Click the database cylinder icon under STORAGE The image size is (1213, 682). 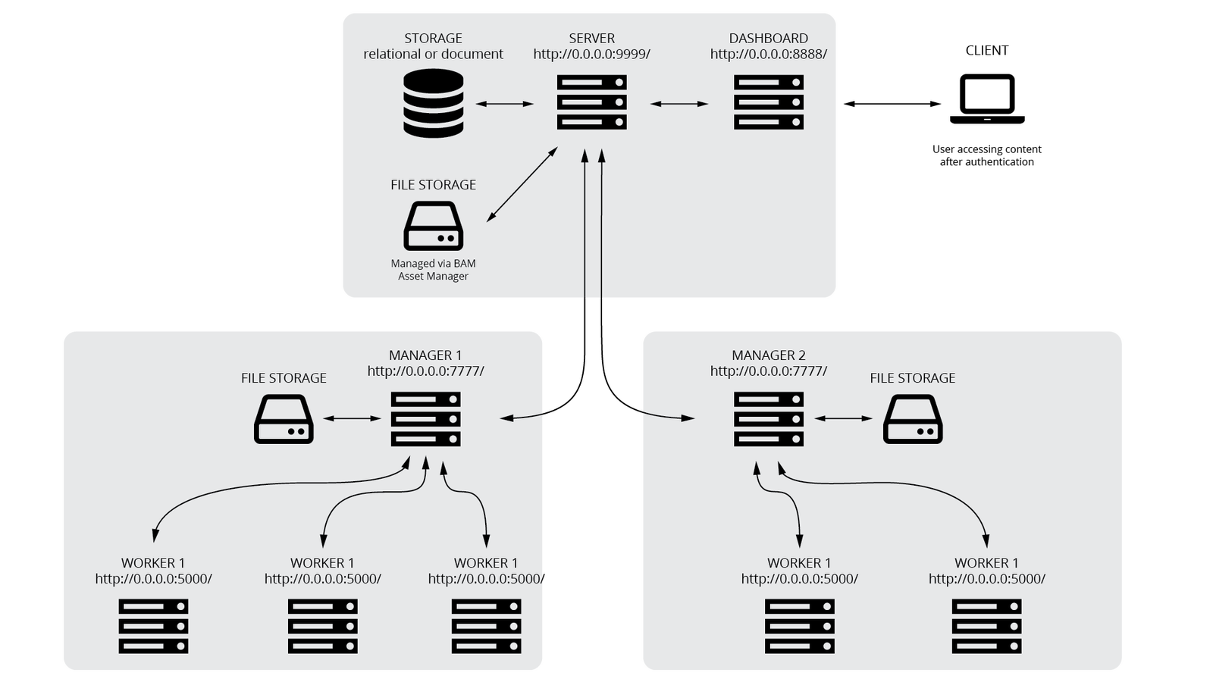(433, 103)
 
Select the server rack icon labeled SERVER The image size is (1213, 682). (591, 102)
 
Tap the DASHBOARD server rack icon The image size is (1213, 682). (768, 102)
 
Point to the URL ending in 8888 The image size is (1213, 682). (768, 55)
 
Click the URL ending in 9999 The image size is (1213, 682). (591, 55)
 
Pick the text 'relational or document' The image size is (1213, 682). (433, 55)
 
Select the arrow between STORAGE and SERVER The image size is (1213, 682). (505, 103)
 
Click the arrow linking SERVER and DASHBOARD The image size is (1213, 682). (679, 103)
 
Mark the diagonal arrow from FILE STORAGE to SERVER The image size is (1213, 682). (522, 185)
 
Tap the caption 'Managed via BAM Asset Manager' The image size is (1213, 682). (433, 270)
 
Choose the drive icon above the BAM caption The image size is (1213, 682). (433, 226)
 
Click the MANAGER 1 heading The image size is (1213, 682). (425, 355)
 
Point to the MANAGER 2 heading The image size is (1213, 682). (768, 355)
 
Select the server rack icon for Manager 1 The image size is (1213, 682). (425, 419)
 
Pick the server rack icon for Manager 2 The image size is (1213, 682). (768, 419)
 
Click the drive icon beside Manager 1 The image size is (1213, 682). (284, 419)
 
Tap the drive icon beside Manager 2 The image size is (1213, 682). (913, 419)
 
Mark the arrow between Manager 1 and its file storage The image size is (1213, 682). (353, 418)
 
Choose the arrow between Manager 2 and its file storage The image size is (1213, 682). (843, 418)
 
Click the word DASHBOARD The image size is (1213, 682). (768, 38)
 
